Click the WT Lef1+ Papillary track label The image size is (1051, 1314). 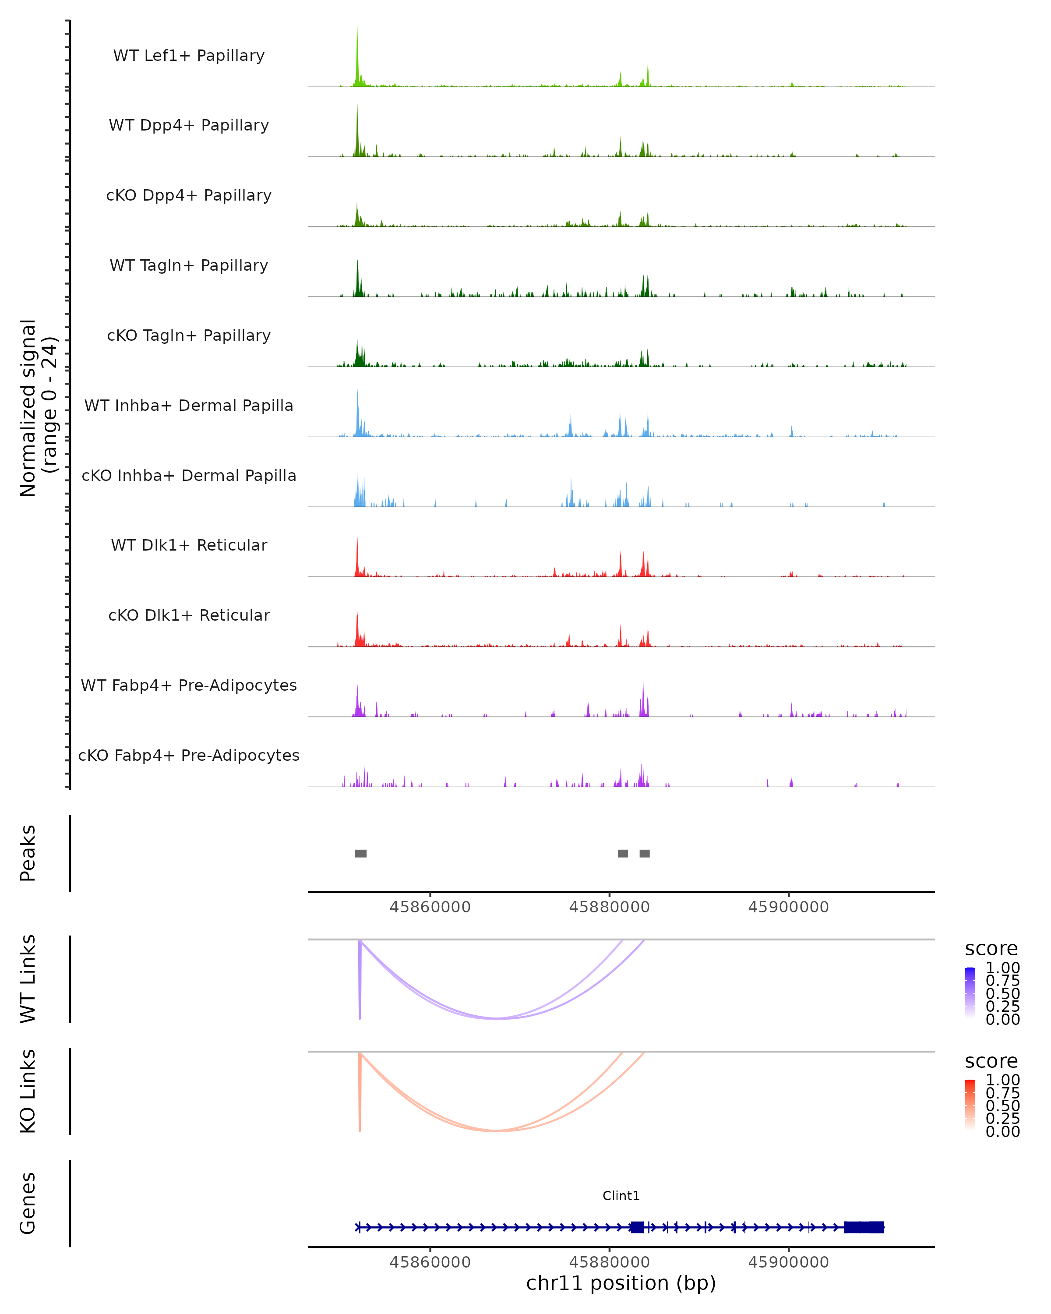pyautogui.click(x=189, y=56)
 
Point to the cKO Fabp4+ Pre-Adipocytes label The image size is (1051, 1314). pyautogui.click(x=189, y=755)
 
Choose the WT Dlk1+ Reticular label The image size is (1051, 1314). pyautogui.click(x=189, y=545)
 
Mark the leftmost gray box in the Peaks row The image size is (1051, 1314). pyautogui.click(x=361, y=853)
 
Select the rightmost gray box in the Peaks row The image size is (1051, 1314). pyautogui.click(x=645, y=853)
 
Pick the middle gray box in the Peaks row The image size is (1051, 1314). pyautogui.click(x=623, y=853)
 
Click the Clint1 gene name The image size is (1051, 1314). pyautogui.click(x=621, y=1196)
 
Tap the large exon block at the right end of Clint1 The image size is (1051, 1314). pyautogui.click(x=864, y=1227)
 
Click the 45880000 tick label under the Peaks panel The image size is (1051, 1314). pyautogui.click(x=609, y=907)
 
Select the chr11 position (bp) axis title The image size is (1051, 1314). pyautogui.click(x=621, y=1283)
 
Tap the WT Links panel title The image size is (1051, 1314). pyautogui.click(x=28, y=979)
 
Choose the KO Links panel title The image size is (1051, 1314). pyautogui.click(x=28, y=1091)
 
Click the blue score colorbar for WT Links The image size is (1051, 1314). pyautogui.click(x=970, y=992)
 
